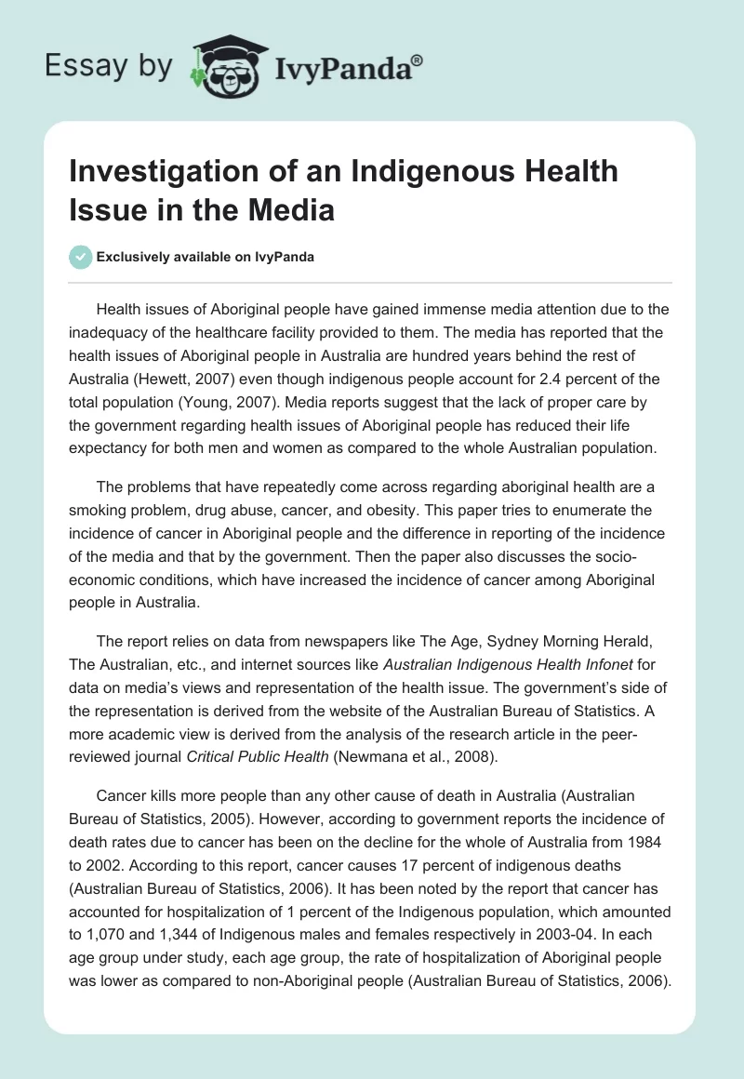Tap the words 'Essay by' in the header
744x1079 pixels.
point(110,66)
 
